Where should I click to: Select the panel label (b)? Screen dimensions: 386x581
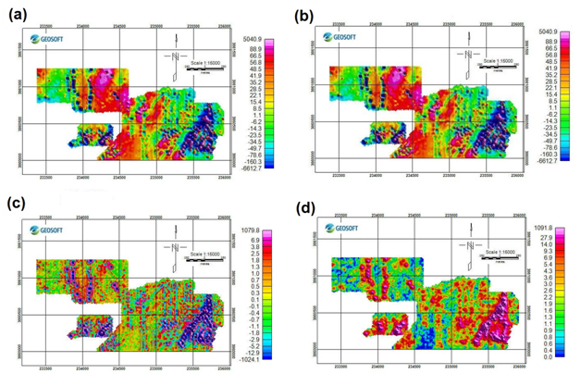click(304, 16)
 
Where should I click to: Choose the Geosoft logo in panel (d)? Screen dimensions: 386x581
click(340, 228)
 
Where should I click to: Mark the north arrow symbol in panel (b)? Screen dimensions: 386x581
click(469, 56)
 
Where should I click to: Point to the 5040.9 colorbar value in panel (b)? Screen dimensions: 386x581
click(549, 31)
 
